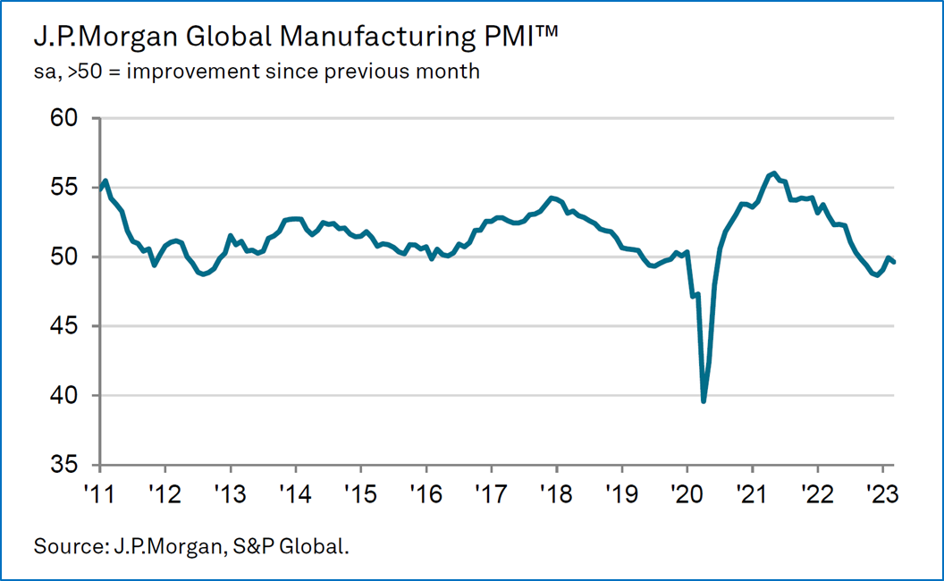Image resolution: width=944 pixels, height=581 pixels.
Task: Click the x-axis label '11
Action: tap(100, 493)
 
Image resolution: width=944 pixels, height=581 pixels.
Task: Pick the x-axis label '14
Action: tap(295, 493)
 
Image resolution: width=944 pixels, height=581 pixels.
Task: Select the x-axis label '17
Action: tap(491, 493)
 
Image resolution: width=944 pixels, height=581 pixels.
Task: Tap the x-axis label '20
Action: tap(687, 493)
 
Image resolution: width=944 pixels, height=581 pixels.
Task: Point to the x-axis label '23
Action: tap(882, 493)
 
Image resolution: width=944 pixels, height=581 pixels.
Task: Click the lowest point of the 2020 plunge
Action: tap(704, 401)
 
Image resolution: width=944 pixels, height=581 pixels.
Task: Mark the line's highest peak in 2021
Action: tap(774, 173)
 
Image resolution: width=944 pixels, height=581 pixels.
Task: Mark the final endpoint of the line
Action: tap(894, 261)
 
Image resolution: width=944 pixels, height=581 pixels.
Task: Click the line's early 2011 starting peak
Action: tap(105, 181)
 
